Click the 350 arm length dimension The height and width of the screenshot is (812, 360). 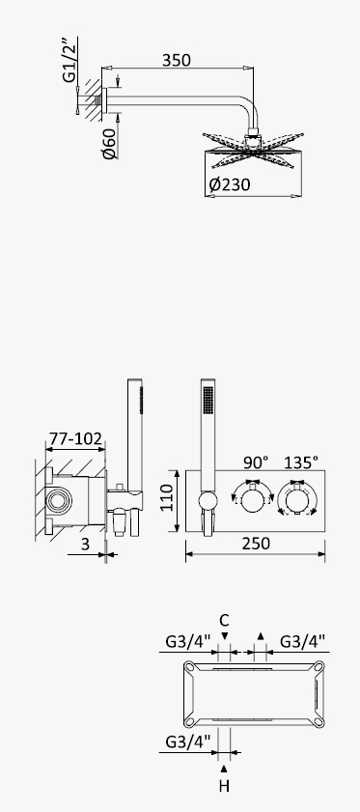coord(176,61)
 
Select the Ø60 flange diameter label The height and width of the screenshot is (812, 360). coord(110,144)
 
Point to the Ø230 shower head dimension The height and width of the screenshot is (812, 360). coord(229,184)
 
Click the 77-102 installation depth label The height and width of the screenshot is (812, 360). coord(74,438)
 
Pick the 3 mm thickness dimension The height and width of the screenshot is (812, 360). coord(86,544)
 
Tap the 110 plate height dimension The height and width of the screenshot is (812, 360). coord(167,497)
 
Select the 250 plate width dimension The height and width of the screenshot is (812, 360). coord(256,544)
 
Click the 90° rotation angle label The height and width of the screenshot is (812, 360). coord(256,462)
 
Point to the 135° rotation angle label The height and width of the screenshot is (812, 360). coord(300,462)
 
